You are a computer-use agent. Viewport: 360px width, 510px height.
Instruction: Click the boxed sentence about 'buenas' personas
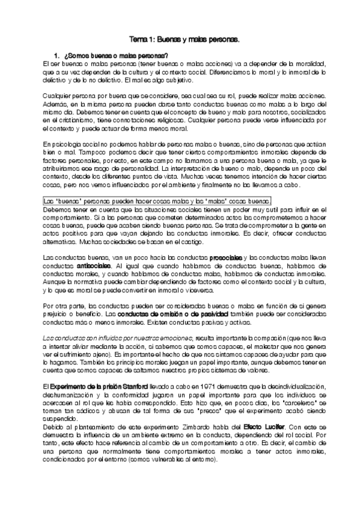(x=157, y=201)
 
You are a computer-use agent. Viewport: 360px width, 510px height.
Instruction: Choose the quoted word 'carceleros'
(x=305, y=403)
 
